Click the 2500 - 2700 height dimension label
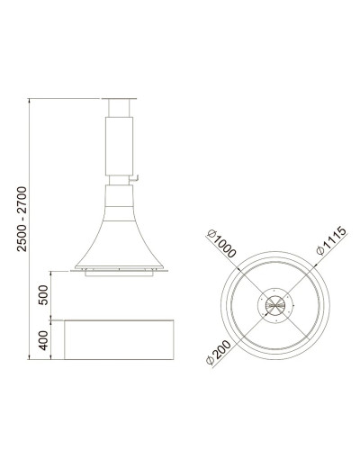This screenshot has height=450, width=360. click(22, 219)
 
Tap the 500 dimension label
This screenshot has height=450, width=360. click(43, 295)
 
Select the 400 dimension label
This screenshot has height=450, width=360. click(43, 340)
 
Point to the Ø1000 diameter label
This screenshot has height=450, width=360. click(221, 243)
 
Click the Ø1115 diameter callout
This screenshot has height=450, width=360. click(331, 240)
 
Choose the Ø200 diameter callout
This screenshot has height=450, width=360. click(219, 353)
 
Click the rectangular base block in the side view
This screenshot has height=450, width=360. click(119, 339)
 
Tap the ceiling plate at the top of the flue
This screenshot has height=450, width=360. click(119, 98)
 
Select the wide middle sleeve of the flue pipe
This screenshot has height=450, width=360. click(119, 146)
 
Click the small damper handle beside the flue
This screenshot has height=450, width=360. click(134, 179)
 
